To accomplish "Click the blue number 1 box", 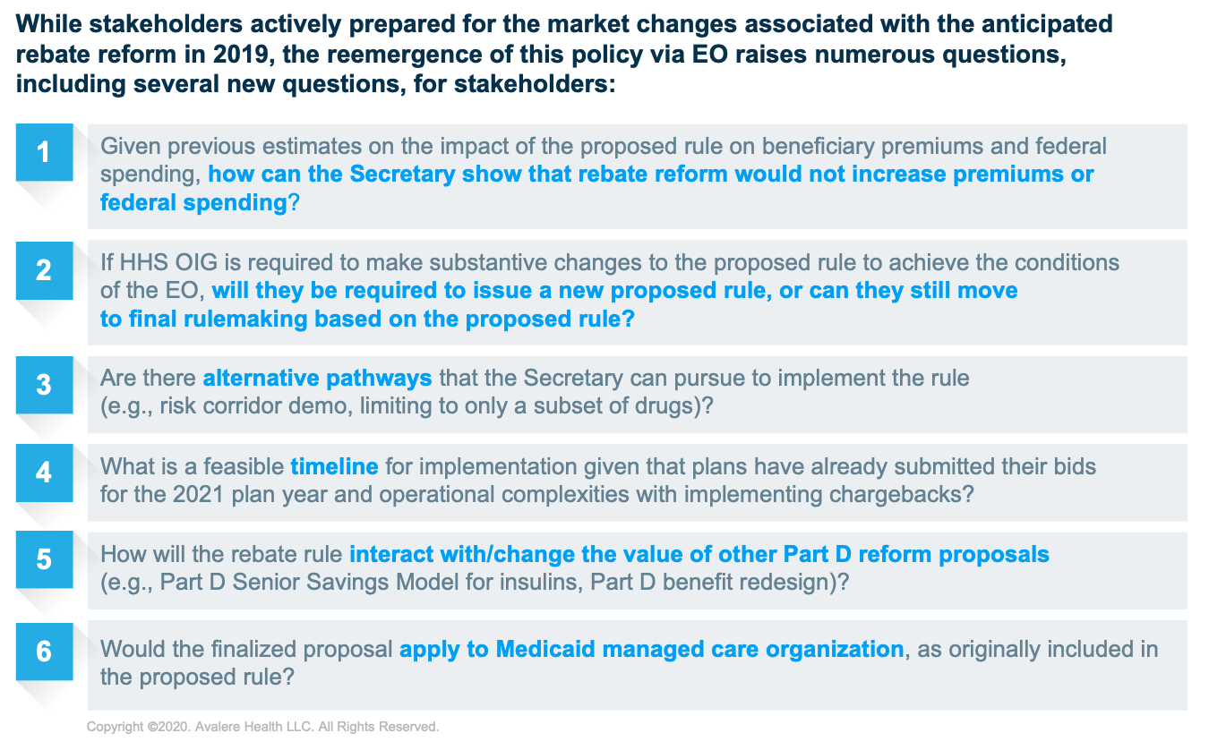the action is (x=44, y=152).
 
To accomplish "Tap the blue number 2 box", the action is (x=44, y=270).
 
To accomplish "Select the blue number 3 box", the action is (x=44, y=385).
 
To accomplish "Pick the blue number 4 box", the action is (x=44, y=473).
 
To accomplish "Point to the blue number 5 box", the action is (x=44, y=559).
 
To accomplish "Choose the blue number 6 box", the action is (x=44, y=652).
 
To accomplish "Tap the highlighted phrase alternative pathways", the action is (x=317, y=379).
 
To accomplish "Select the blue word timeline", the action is (x=334, y=466).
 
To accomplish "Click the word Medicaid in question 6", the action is (x=545, y=649).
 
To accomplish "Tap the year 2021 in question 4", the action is (x=198, y=494).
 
